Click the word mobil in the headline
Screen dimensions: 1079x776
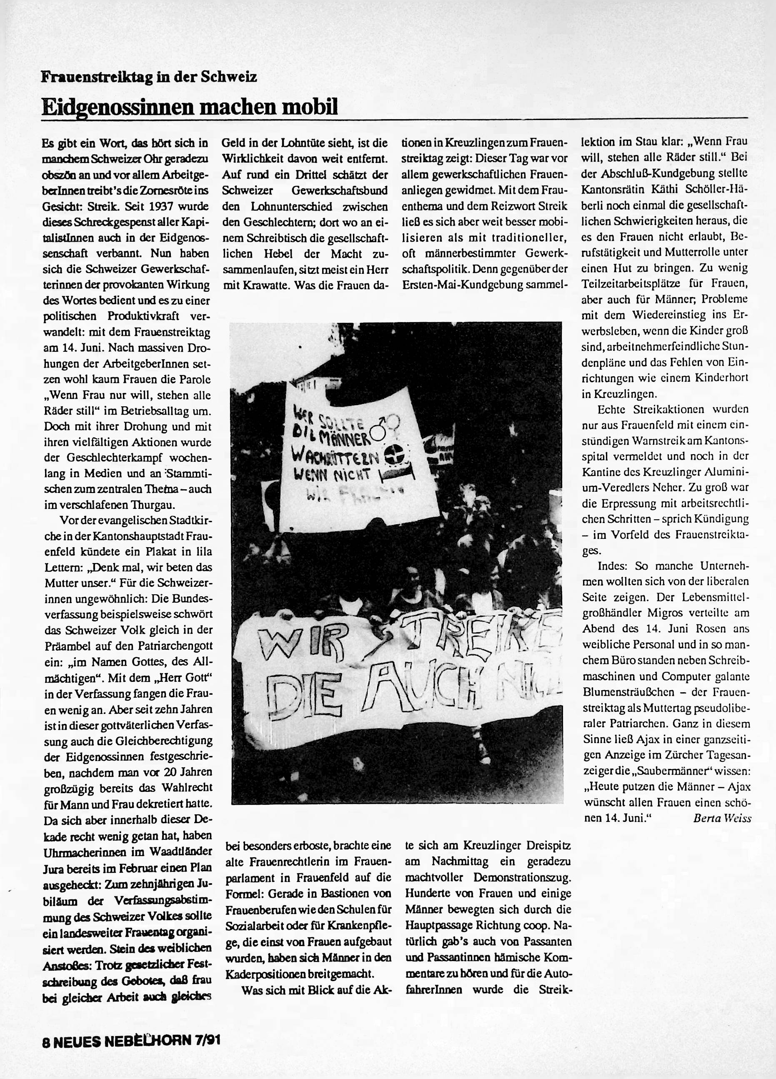(x=311, y=108)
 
